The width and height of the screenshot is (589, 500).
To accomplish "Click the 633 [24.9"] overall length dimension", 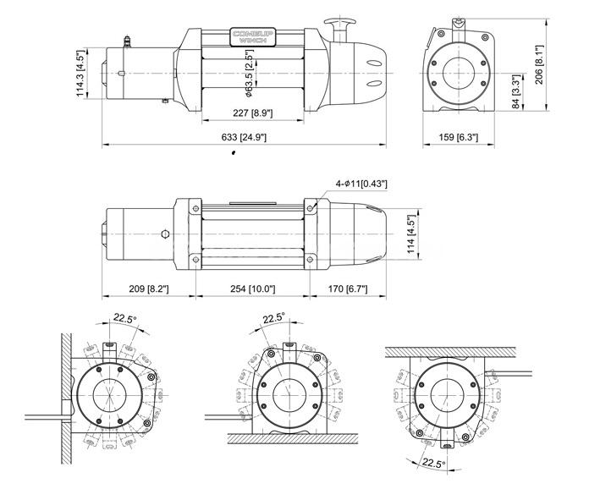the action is click(244, 137).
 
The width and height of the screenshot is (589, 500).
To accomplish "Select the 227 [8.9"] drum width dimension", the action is click(252, 113).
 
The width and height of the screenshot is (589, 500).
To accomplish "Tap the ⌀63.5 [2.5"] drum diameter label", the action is click(250, 73).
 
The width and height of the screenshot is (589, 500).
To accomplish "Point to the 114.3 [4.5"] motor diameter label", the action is click(80, 74).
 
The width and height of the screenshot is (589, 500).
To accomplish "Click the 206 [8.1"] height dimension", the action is click(539, 64).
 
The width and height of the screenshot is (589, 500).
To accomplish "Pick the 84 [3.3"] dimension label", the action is click(516, 92).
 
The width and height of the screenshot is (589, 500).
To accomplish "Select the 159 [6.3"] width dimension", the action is click(459, 137).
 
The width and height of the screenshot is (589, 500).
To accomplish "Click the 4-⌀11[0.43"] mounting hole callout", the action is click(361, 184).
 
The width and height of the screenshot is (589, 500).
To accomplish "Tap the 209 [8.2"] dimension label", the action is click(149, 288).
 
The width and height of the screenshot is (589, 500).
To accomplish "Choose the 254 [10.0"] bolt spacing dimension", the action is click(252, 288).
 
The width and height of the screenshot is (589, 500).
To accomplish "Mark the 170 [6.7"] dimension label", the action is click(348, 288).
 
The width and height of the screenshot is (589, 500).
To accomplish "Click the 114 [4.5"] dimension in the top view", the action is click(411, 234).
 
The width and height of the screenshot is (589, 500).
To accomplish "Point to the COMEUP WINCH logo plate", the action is click(252, 37).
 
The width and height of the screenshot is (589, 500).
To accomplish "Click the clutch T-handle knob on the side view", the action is click(340, 23).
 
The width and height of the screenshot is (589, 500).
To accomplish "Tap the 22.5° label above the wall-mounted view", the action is click(125, 319).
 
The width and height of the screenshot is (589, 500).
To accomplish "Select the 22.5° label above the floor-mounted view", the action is click(274, 318).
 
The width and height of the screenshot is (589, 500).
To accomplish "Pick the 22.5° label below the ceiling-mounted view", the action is click(433, 463).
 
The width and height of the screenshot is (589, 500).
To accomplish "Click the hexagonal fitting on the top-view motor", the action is click(165, 234).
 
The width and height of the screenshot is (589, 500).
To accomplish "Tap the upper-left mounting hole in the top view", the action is click(195, 208).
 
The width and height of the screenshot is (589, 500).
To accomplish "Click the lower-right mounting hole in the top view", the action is click(310, 259).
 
